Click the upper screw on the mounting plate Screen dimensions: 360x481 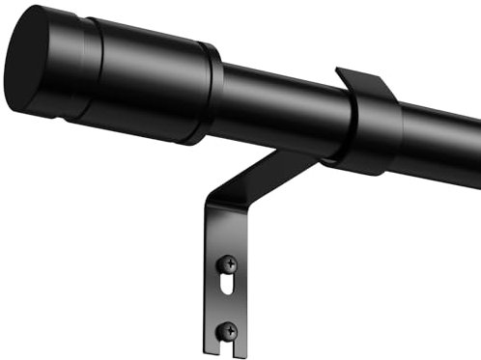(x=229, y=263)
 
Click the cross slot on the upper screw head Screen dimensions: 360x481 (x=229, y=263)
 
